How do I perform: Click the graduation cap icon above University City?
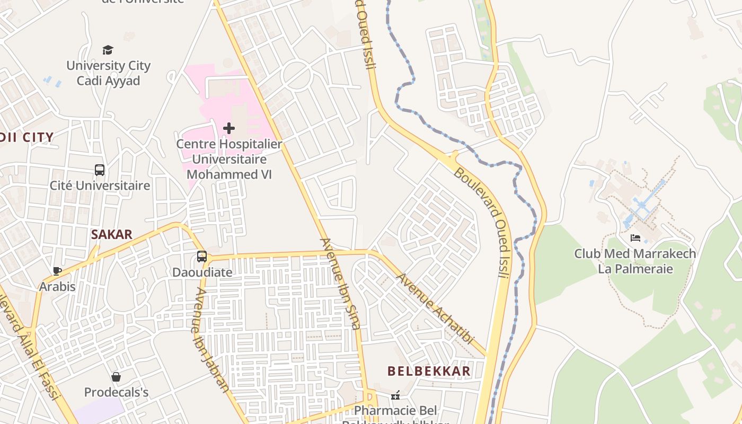(x=108, y=50)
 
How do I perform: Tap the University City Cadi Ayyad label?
(x=109, y=73)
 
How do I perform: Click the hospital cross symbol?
(x=229, y=128)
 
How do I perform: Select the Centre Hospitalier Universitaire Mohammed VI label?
(x=229, y=159)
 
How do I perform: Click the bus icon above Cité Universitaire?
(x=100, y=170)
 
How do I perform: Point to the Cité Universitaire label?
(x=100, y=185)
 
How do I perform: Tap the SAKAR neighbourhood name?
(x=111, y=235)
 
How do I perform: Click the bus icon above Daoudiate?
(x=202, y=257)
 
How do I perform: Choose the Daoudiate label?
(x=202, y=272)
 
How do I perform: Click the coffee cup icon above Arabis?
(x=57, y=271)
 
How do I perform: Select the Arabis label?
(x=57, y=287)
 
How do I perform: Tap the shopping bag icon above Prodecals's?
(x=116, y=377)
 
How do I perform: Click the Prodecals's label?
(x=116, y=393)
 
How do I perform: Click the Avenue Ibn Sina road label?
(x=340, y=284)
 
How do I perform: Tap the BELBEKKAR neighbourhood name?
(x=429, y=371)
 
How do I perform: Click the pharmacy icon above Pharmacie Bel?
(x=395, y=395)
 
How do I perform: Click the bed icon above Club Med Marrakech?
(x=635, y=238)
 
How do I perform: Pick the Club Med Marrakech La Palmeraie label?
(x=635, y=261)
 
